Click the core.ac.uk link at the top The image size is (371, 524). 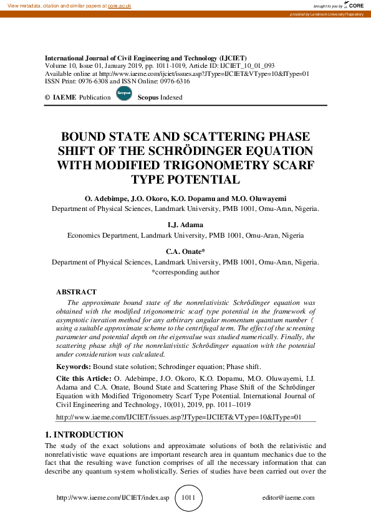(120, 6)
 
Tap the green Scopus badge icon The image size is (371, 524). (124, 96)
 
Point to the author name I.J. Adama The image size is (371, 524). (185, 225)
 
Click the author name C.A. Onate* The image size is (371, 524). (185, 251)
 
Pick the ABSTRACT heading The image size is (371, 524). (76, 292)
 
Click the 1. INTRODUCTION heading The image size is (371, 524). (84, 434)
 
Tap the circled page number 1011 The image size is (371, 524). (188, 498)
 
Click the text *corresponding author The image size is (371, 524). (185, 272)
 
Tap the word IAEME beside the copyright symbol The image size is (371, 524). (65, 98)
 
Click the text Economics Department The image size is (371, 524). (99, 236)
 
